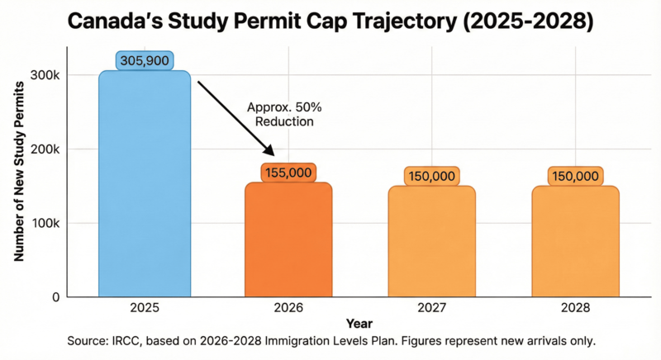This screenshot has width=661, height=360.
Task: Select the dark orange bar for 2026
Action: click(288, 239)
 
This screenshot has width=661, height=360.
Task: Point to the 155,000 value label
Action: click(288, 173)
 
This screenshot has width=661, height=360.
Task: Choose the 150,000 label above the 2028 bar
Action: click(575, 176)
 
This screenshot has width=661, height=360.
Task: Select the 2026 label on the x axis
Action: click(288, 307)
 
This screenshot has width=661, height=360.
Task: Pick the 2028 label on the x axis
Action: click(575, 307)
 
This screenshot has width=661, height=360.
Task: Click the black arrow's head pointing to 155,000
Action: click(270, 151)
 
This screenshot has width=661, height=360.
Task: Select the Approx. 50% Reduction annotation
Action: click(281, 114)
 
